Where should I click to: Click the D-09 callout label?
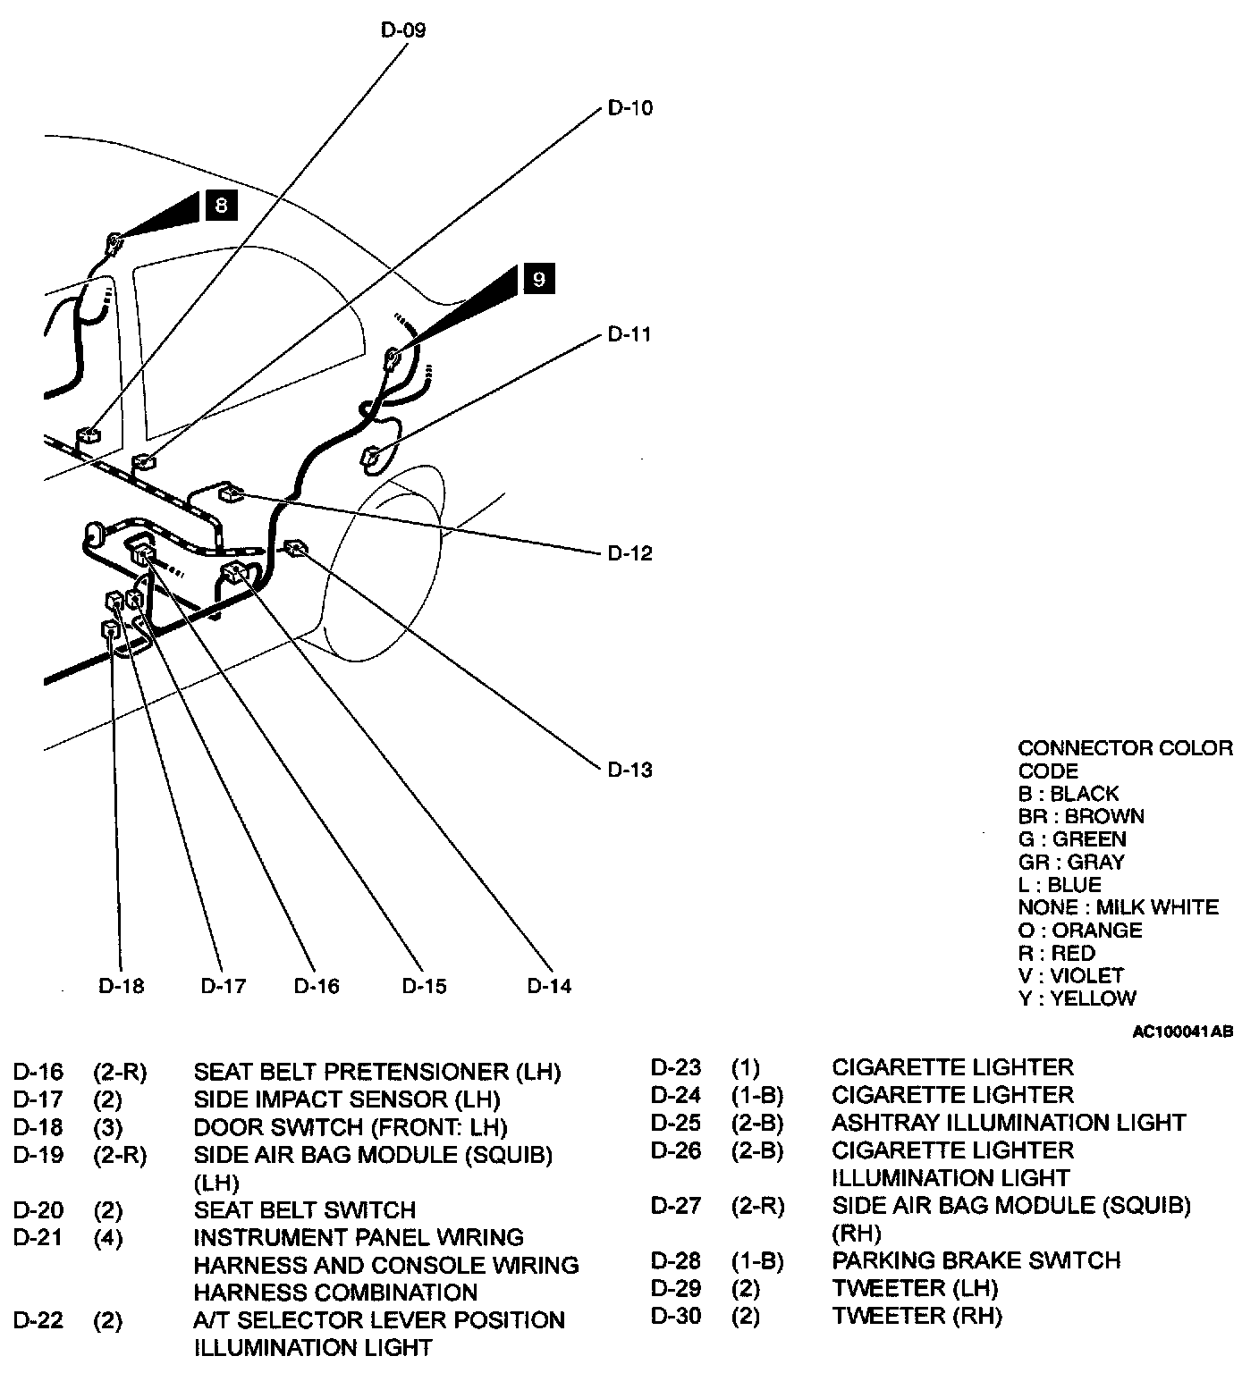click(403, 30)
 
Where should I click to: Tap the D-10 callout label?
click(630, 108)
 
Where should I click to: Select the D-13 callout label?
click(630, 770)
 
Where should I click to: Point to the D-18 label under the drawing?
click(121, 986)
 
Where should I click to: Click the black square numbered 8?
click(221, 205)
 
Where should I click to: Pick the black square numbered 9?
click(537, 280)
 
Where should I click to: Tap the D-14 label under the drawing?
click(549, 986)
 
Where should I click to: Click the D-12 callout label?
click(630, 553)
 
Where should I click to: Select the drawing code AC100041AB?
click(1183, 1032)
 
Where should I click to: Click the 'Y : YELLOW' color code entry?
click(1077, 998)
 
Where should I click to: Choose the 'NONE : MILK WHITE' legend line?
click(1118, 907)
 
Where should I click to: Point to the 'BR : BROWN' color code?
click(1080, 816)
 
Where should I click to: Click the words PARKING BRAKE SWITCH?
click(976, 1260)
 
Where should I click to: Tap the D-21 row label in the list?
click(38, 1238)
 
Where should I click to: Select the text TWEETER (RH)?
click(917, 1316)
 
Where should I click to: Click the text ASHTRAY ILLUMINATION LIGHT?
click(1009, 1123)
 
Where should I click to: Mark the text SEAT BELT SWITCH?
click(305, 1210)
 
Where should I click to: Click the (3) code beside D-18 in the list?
click(108, 1127)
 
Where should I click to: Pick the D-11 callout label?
click(629, 334)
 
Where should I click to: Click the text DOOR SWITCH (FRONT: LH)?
click(351, 1127)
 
